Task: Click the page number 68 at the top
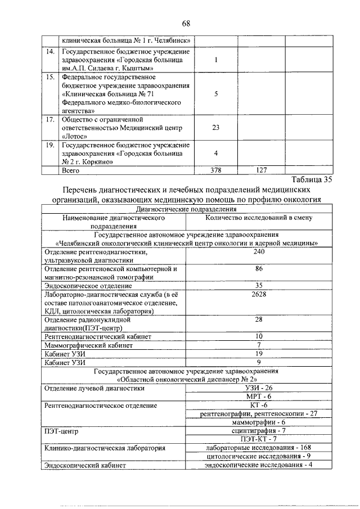click(186, 23)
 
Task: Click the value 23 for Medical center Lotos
click(215, 128)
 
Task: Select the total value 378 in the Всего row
click(215, 169)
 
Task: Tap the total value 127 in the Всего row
click(260, 169)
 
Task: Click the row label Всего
click(70, 169)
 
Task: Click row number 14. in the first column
click(50, 52)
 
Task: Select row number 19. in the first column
click(50, 145)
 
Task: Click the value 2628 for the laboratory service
click(259, 294)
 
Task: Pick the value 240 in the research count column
click(259, 253)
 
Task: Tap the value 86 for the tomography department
click(259, 269)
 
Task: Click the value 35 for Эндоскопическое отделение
click(259, 285)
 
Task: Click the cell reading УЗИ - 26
click(259, 388)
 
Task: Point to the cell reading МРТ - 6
click(259, 397)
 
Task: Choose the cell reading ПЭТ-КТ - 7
click(259, 438)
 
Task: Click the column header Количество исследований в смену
click(259, 217)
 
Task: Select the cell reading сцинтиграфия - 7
click(259, 430)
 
